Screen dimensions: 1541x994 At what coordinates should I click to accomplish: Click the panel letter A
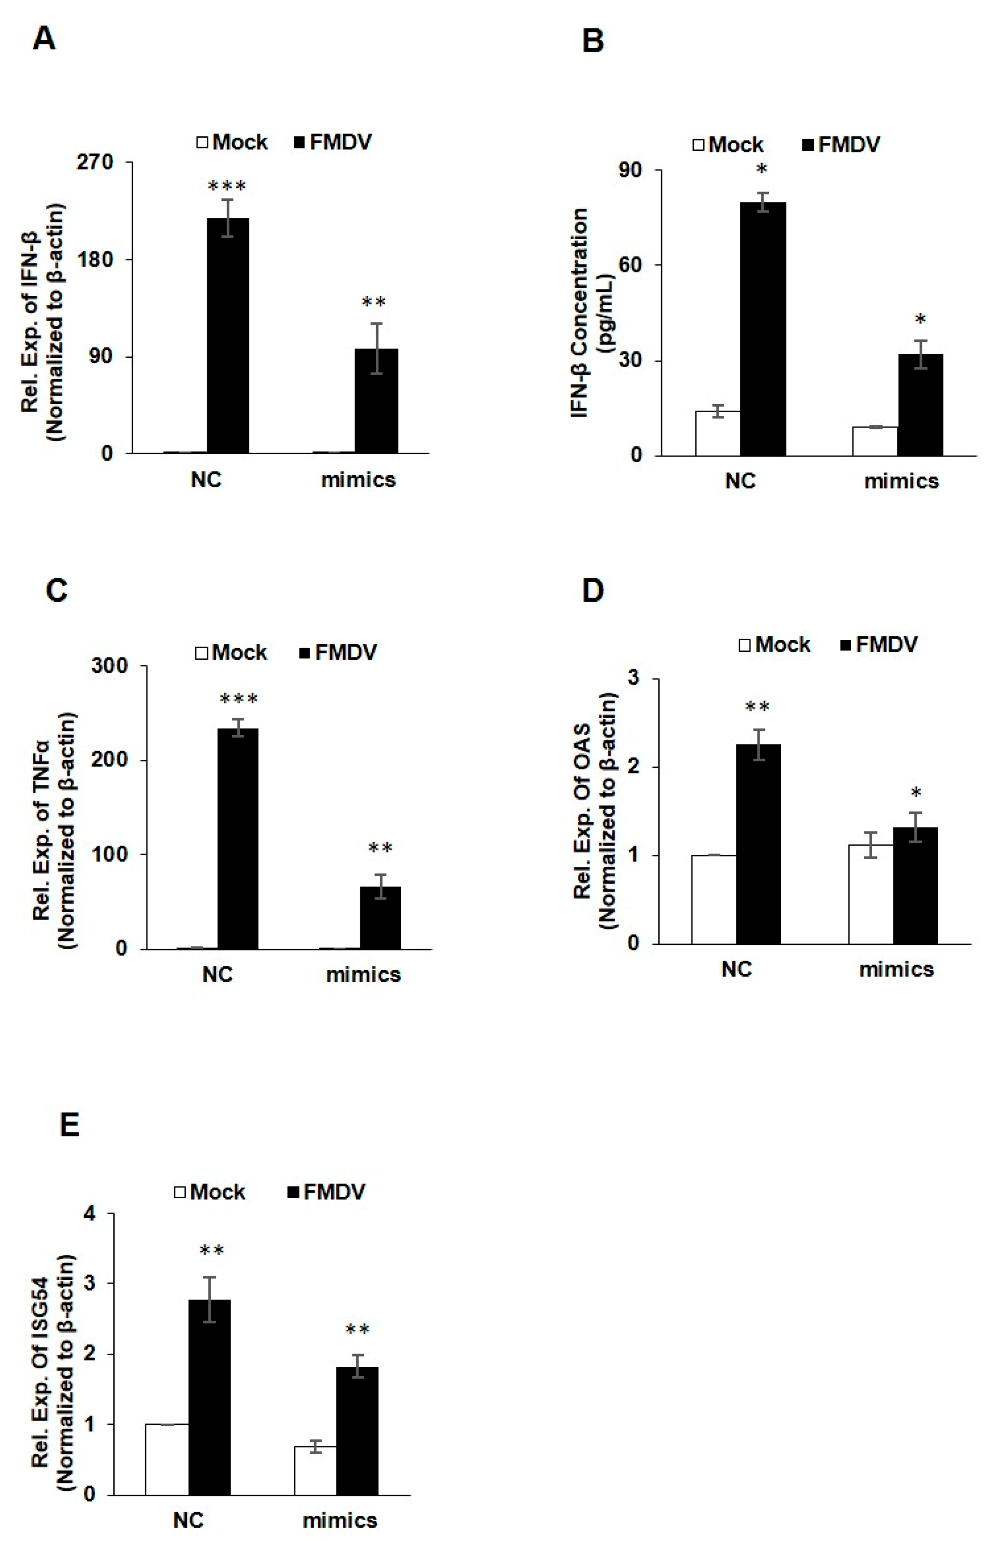(44, 40)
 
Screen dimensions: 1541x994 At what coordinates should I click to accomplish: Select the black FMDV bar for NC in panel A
(228, 336)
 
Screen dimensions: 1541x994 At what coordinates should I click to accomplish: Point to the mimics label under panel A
(358, 479)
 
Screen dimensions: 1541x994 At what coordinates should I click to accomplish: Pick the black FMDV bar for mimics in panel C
(380, 918)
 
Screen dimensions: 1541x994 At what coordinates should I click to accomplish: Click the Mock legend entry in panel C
(231, 652)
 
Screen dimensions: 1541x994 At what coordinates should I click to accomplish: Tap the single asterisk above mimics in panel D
(915, 793)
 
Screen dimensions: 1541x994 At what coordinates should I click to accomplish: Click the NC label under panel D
(736, 969)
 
